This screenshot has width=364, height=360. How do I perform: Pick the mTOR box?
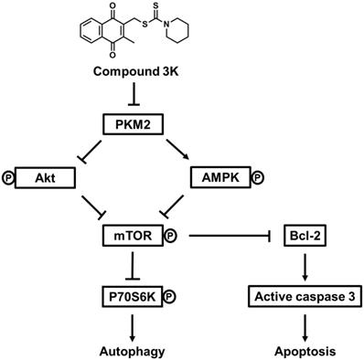133,237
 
